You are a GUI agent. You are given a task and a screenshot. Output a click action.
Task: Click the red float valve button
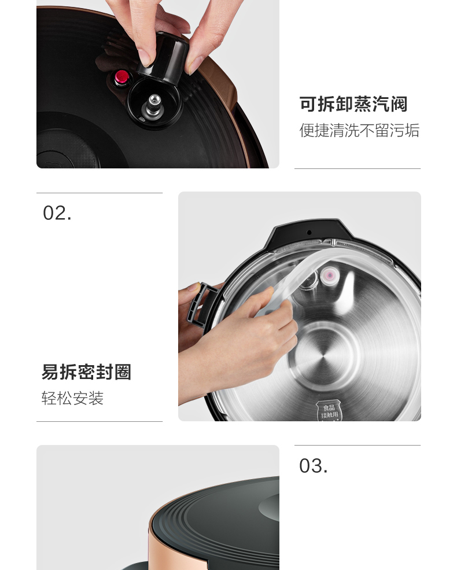pos(121,78)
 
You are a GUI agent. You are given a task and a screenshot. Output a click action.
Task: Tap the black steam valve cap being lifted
pos(165,57)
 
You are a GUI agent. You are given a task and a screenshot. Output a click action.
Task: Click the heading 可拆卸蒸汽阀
pos(353,104)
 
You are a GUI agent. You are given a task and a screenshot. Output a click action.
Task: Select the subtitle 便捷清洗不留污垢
pos(359,130)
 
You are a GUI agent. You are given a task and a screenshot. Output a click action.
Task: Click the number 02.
pos(57,213)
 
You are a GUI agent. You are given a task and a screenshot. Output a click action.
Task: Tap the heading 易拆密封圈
pos(86,372)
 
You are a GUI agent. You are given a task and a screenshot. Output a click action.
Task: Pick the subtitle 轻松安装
pos(72,398)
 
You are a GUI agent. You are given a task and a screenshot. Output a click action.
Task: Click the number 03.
pos(313,466)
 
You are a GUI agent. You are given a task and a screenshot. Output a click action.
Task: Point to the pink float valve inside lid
pos(329,276)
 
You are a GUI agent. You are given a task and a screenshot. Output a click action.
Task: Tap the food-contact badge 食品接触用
pos(329,411)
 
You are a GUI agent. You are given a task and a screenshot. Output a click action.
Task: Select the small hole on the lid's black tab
pos(309,232)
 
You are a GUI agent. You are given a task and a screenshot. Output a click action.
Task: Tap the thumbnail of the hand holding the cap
pos(158,84)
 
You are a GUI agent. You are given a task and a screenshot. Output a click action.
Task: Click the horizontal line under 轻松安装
pos(99,422)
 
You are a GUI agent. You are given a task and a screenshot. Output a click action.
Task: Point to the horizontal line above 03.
pos(358,445)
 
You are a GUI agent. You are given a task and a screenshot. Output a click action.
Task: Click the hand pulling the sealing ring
pos(239,338)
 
